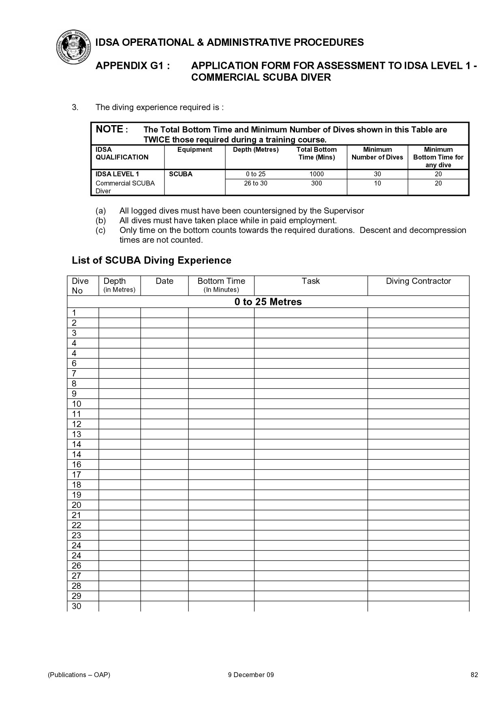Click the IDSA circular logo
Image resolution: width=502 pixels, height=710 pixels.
click(x=73, y=47)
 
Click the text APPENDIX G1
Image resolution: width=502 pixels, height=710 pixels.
click(x=132, y=66)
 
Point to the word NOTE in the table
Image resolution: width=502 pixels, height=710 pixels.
click(x=109, y=129)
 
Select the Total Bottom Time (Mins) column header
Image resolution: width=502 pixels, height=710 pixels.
click(x=316, y=154)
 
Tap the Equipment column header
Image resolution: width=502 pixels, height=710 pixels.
click(x=194, y=149)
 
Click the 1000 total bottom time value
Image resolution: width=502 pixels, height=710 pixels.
click(x=316, y=174)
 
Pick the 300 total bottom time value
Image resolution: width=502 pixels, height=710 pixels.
click(x=316, y=183)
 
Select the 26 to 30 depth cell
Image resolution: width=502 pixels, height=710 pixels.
click(x=256, y=183)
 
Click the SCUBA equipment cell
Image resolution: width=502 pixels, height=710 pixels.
click(x=181, y=174)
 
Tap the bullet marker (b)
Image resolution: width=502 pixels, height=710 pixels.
click(x=100, y=221)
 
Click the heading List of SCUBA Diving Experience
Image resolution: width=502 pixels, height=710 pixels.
click(x=152, y=260)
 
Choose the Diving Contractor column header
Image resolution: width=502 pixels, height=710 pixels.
click(x=418, y=281)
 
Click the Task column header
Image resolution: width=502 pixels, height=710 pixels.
click(x=311, y=281)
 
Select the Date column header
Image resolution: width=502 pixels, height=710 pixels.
click(x=164, y=281)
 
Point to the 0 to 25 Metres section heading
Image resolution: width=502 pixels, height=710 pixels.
click(x=268, y=302)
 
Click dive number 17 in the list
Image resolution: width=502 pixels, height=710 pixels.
click(x=77, y=475)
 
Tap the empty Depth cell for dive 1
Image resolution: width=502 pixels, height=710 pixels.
click(x=120, y=313)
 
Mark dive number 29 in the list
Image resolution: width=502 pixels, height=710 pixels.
click(x=77, y=596)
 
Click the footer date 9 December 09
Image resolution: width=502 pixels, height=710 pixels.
click(x=251, y=675)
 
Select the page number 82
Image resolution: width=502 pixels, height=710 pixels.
click(x=474, y=675)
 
